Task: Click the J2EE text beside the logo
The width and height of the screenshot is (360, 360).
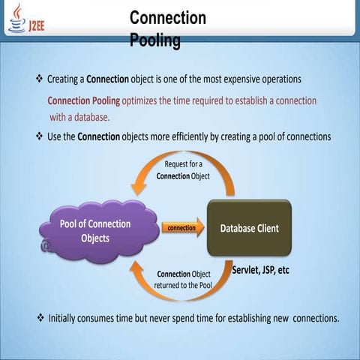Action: (37, 25)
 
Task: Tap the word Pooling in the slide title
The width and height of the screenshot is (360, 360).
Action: (155, 40)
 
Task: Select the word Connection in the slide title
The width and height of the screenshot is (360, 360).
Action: (168, 18)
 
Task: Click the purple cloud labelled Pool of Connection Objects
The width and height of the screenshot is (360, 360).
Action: (99, 231)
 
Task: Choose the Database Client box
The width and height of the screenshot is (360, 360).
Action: (249, 228)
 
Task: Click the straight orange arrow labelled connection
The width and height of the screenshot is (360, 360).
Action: (183, 227)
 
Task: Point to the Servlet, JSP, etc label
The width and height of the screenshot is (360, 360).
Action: (260, 270)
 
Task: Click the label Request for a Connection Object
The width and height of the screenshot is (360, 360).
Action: (183, 170)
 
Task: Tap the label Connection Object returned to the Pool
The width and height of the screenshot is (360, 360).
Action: (183, 280)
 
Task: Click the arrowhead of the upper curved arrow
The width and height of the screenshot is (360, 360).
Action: (138, 187)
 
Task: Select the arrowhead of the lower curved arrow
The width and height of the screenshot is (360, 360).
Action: (137, 269)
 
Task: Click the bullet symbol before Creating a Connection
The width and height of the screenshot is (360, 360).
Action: (40, 79)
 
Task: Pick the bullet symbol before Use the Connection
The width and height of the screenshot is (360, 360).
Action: (40, 136)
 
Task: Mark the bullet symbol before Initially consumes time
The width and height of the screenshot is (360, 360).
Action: (40, 318)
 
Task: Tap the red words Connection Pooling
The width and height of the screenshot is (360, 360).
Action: (84, 101)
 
